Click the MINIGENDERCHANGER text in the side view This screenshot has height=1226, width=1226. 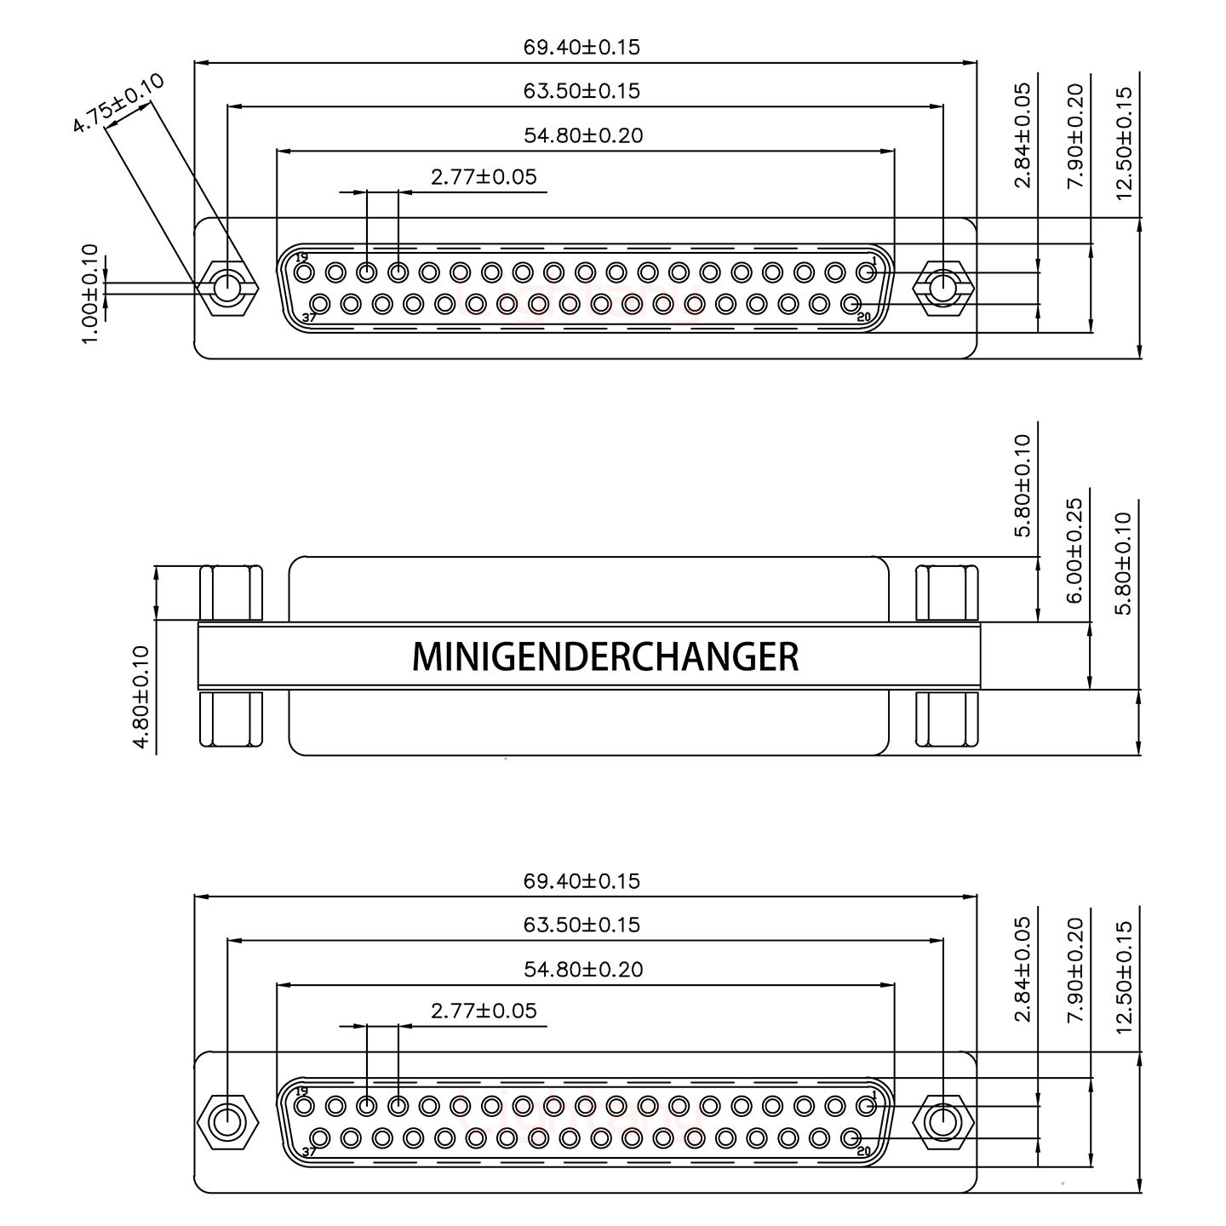pyautogui.click(x=605, y=656)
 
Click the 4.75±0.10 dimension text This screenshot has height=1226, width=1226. pyautogui.click(x=117, y=103)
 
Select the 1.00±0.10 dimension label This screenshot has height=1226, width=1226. pyautogui.click(x=90, y=294)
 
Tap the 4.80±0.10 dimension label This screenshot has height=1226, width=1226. pyautogui.click(x=141, y=698)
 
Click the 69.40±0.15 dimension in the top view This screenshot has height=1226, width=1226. pyautogui.click(x=581, y=47)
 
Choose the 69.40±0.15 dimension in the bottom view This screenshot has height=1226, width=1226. pyautogui.click(x=581, y=880)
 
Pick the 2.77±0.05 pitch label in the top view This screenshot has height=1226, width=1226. pyautogui.click(x=484, y=177)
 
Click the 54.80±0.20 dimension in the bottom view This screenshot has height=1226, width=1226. pyautogui.click(x=582, y=969)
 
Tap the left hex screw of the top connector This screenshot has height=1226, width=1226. pyautogui.click(x=226, y=288)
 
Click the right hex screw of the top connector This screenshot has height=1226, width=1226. pyautogui.click(x=942, y=288)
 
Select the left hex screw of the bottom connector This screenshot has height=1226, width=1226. pyautogui.click(x=226, y=1122)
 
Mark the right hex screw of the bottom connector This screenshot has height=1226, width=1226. pyautogui.click(x=942, y=1122)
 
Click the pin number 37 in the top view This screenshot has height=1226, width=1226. pyautogui.click(x=309, y=318)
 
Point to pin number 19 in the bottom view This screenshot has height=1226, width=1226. pyautogui.click(x=301, y=1091)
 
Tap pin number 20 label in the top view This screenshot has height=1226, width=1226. pyautogui.click(x=864, y=318)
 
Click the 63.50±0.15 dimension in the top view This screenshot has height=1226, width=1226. pyautogui.click(x=581, y=91)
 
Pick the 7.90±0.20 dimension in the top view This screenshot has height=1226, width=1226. pyautogui.click(x=1074, y=135)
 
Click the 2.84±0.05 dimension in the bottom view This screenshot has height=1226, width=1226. pyautogui.click(x=1023, y=969)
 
